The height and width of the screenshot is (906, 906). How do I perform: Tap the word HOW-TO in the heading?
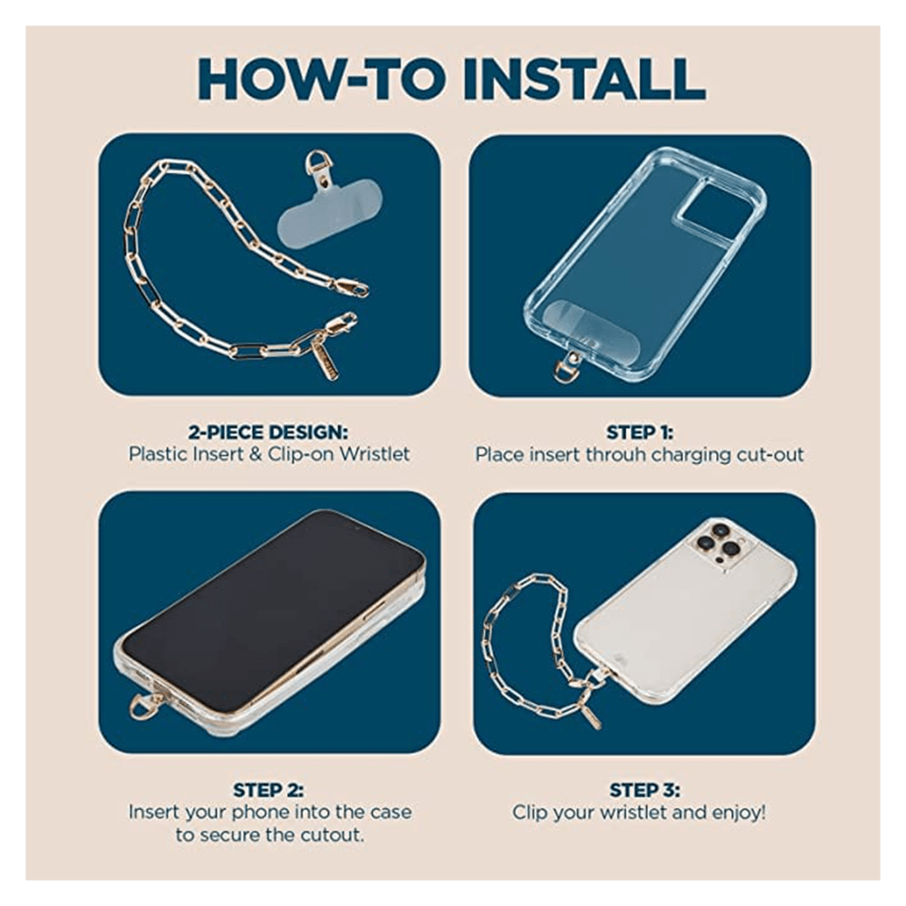(322, 79)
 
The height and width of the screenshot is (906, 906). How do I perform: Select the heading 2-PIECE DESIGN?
(268, 431)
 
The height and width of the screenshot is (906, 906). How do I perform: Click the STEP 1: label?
(640, 432)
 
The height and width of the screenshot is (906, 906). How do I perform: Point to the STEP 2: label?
(269, 789)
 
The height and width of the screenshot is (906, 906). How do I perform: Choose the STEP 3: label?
(645, 789)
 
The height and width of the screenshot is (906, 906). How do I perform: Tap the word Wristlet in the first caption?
(374, 454)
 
